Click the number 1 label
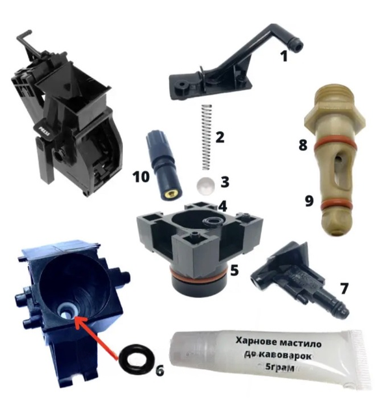coord(284,56)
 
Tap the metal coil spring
coord(207,137)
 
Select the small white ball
coord(205,186)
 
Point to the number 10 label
coord(141,177)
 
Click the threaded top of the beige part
coord(336,96)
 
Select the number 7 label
coord(344,289)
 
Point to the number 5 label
coord(234,270)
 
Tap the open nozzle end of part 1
coord(298,47)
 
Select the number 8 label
coord(303,145)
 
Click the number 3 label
coord(225,182)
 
